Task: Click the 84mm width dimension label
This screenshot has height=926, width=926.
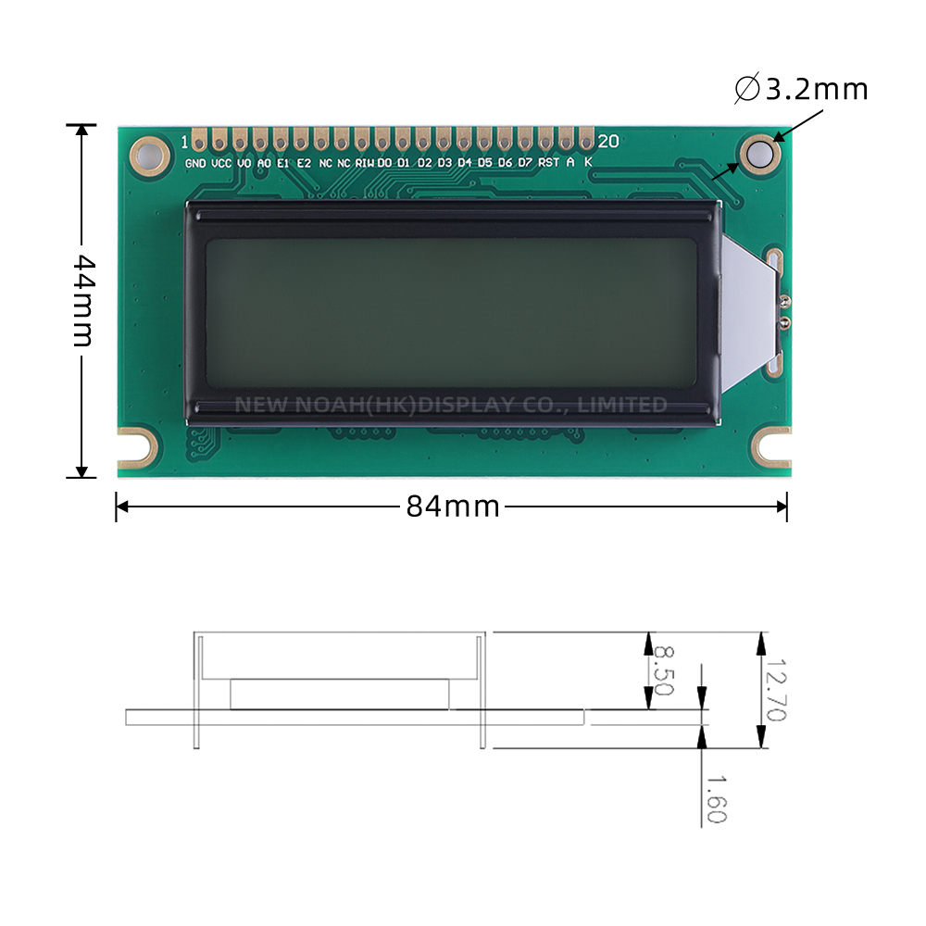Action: tap(453, 507)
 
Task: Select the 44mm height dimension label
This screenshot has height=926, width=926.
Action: tap(83, 300)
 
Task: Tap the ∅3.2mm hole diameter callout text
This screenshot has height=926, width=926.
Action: tap(802, 89)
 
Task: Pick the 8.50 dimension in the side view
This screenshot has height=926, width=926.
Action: tap(663, 670)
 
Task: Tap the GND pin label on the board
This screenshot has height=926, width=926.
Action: tap(195, 163)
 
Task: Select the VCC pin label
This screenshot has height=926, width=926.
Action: tap(221, 163)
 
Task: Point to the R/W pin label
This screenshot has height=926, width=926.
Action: tap(365, 163)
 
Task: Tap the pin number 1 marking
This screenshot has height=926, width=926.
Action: tap(185, 142)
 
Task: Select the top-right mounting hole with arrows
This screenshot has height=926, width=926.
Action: tap(758, 153)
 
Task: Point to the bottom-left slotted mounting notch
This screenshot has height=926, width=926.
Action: tap(136, 447)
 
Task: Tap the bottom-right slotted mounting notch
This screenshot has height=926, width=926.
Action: tap(772, 446)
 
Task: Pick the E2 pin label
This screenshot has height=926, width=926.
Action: tap(304, 163)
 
